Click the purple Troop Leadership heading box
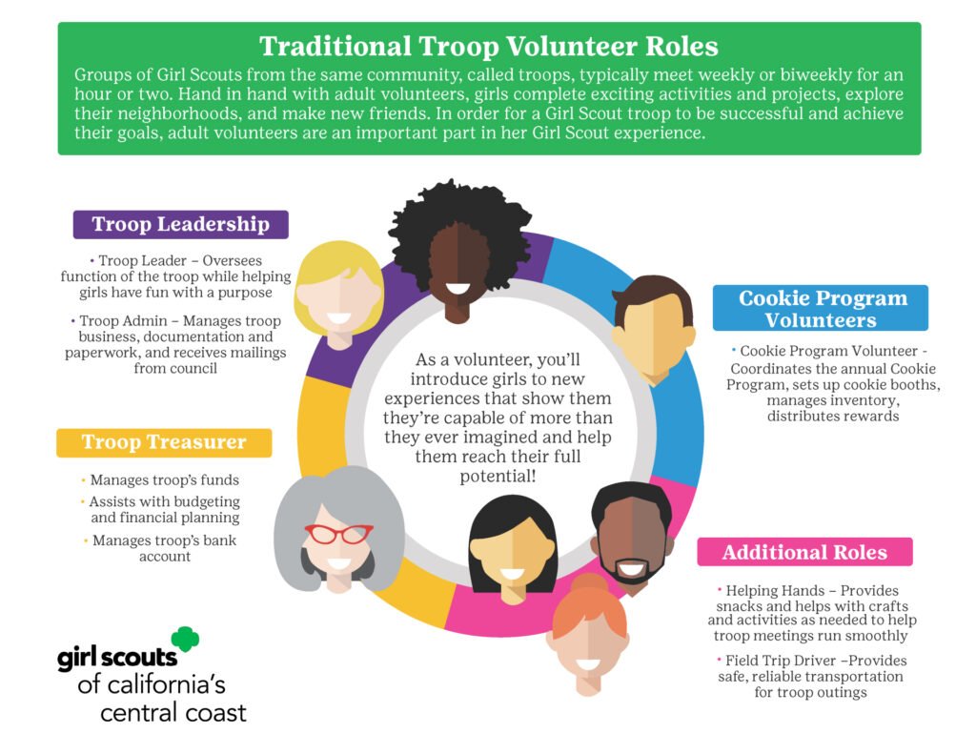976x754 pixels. [180, 224]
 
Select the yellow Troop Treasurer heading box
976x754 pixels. [164, 442]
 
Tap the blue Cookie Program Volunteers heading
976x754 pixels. [821, 308]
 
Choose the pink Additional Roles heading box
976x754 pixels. [804, 552]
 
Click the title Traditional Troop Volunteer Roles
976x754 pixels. [489, 47]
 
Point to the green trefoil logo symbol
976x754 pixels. [185, 640]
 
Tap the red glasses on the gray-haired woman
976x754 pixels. [338, 534]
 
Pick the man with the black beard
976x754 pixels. [631, 537]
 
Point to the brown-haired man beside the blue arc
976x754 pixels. [653, 330]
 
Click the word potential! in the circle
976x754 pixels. [498, 477]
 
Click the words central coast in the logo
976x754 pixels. [173, 712]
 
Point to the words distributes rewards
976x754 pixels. [833, 416]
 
